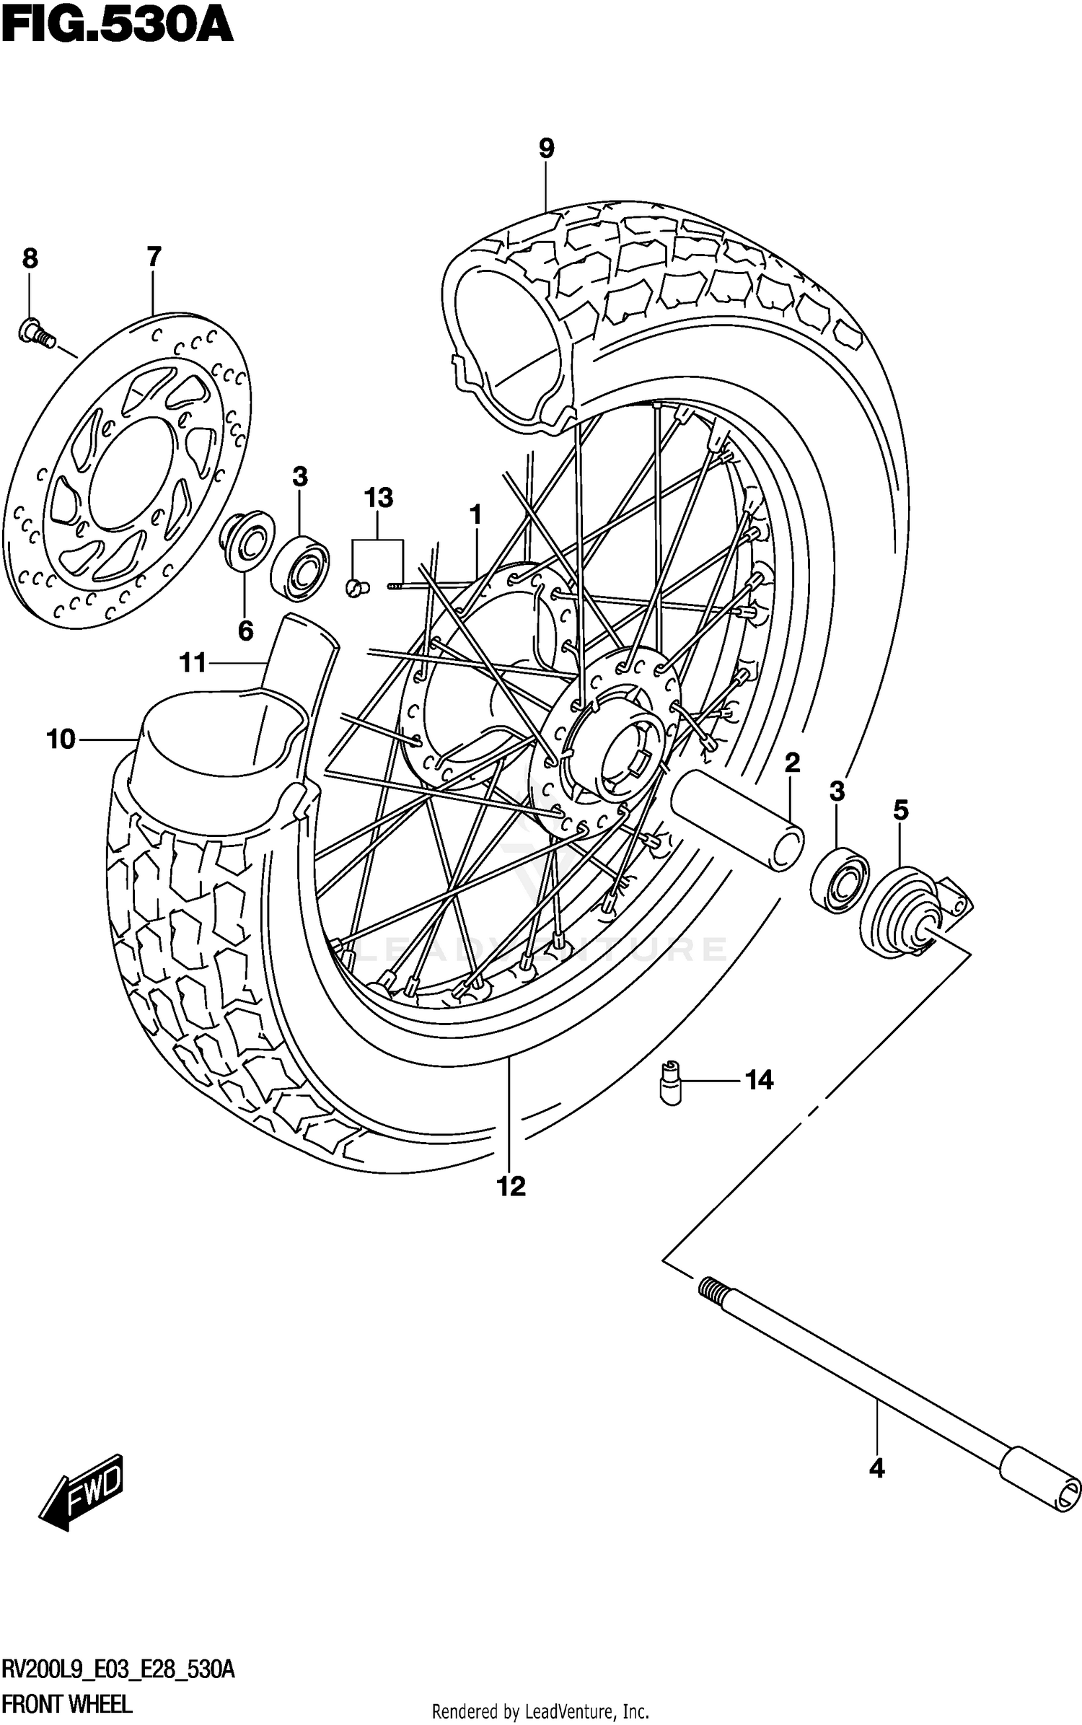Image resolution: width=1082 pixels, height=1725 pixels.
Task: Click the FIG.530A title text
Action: [x=117, y=27]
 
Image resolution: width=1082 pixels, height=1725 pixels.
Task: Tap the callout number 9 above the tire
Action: [x=546, y=149]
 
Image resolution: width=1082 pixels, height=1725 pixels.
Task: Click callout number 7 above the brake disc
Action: [x=154, y=257]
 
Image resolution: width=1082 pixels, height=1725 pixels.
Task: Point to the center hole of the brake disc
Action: [x=130, y=469]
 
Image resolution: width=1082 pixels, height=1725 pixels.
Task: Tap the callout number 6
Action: [x=246, y=631]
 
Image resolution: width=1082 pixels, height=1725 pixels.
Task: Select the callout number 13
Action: [x=378, y=498]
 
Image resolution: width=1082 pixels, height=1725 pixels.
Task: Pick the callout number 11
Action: [x=193, y=662]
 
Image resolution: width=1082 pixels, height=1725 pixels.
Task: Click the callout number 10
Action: [x=61, y=739]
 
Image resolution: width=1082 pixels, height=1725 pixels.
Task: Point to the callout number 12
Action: [x=511, y=1186]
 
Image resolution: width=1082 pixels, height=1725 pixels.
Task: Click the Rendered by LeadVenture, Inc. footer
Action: [x=540, y=1711]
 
